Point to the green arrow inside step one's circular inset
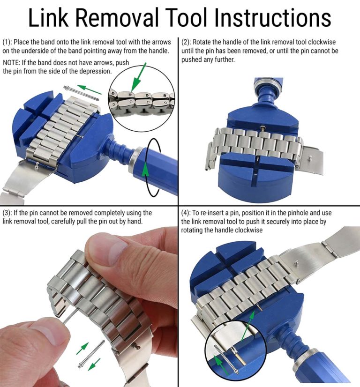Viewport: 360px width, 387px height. click(x=137, y=77)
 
